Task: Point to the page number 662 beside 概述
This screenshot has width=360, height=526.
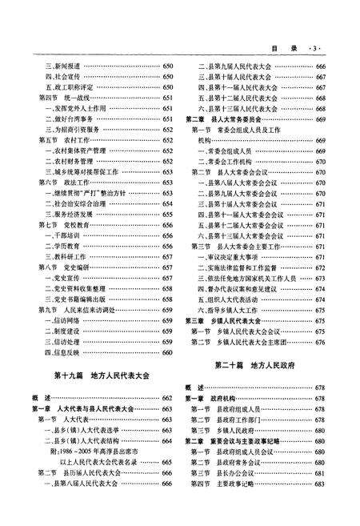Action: click(x=168, y=398)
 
